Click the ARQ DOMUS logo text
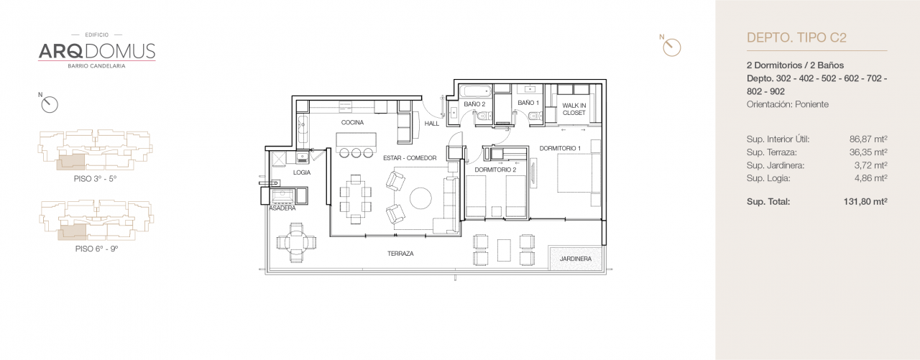[x=96, y=50]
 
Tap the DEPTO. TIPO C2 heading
[x=797, y=38]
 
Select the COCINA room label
[x=352, y=123]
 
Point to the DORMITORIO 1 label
[x=560, y=149]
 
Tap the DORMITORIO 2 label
[x=496, y=170]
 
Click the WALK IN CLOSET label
[x=574, y=109]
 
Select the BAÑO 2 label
[x=474, y=104]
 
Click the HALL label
[x=431, y=124]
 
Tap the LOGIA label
[x=302, y=173]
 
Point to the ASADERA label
[x=282, y=208]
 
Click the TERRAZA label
[x=400, y=254]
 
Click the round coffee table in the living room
[x=420, y=198]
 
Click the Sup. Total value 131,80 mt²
[x=865, y=202]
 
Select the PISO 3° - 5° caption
[x=96, y=178]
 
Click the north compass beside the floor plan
[x=671, y=47]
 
